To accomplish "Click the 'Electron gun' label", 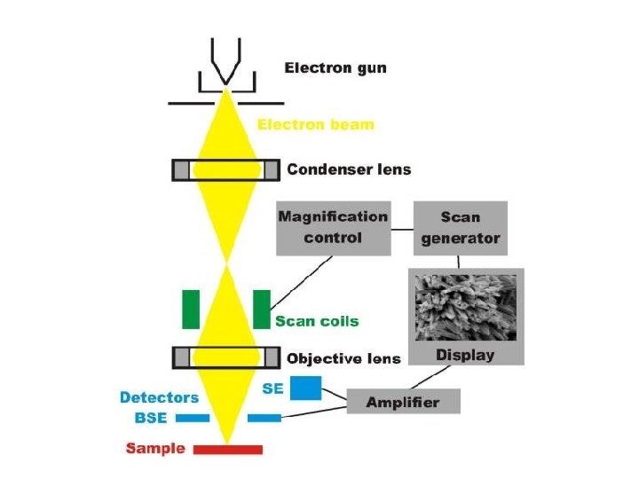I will coord(335,68).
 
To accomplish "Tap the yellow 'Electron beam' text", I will coord(315,125).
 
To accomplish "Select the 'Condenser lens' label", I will coord(349,169).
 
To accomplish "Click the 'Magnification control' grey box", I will coord(333,227).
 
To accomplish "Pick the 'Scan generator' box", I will coord(461,227).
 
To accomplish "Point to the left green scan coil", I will coord(191,309).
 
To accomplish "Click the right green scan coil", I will coord(261,309).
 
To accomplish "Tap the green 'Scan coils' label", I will coord(317,321).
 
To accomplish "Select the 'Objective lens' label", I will coord(343,359).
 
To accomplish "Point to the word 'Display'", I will coord(465,356).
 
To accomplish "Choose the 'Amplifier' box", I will coord(403,402).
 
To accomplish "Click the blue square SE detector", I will coord(306,388).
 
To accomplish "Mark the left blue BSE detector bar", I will coord(193,417).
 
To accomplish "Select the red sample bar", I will coord(228,449).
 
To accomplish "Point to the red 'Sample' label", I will coord(155,448).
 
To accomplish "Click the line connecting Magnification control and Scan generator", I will coord(402,227).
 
